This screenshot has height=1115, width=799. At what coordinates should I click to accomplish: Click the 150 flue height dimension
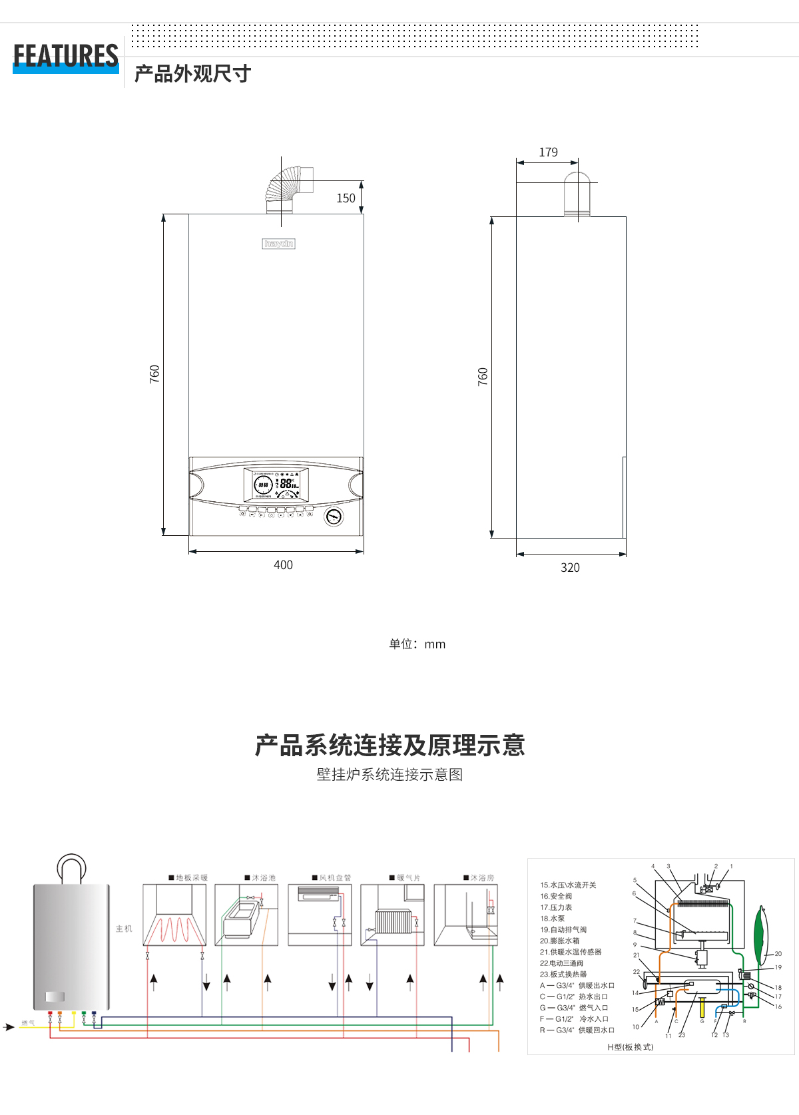pos(346,198)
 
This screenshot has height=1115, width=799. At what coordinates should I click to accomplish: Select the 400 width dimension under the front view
pos(283,565)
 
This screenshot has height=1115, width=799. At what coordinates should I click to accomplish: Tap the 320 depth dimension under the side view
pos(570,568)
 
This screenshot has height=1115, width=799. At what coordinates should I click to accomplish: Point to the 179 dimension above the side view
pos(548,152)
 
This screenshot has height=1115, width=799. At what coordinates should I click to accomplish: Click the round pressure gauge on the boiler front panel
pos(334,517)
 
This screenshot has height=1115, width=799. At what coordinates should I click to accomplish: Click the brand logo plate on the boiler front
pos(278,244)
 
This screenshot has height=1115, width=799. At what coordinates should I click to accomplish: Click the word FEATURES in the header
pos(66,56)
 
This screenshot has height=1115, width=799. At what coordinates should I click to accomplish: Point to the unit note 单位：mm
pos(417,644)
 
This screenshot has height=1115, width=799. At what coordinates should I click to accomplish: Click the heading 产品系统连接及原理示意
pos(390,745)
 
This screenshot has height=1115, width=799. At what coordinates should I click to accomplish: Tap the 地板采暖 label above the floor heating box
pos(191,877)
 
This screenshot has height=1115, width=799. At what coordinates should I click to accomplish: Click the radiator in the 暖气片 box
pos(393,922)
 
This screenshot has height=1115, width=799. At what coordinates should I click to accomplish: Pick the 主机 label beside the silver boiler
pos(124,929)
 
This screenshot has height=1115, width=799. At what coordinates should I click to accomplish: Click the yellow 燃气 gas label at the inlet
pos(28,1023)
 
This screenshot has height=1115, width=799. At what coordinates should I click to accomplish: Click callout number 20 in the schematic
pos(778,954)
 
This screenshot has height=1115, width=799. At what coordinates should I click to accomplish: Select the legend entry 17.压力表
pos(556,907)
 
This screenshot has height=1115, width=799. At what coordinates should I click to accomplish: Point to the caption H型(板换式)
pos(630,1047)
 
